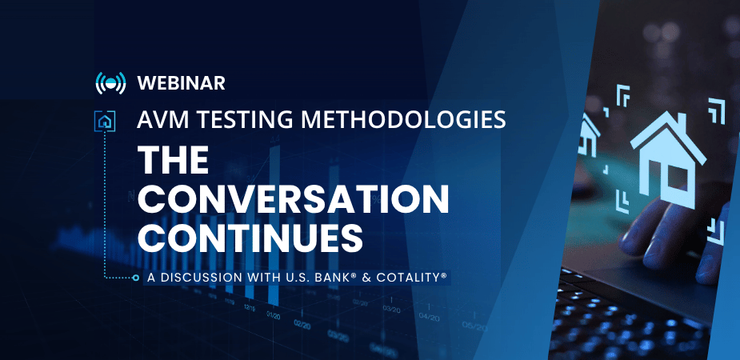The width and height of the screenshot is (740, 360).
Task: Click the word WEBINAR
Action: tap(182, 83)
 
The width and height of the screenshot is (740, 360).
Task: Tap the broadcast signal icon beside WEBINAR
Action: tap(110, 83)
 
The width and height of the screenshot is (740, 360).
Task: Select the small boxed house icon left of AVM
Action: tap(105, 122)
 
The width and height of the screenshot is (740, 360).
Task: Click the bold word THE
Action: tap(174, 160)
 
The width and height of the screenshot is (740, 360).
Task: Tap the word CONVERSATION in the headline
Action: tap(293, 199)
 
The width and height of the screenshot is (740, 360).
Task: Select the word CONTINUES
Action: tap(250, 238)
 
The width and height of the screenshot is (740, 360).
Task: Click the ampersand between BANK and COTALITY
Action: tap(362, 278)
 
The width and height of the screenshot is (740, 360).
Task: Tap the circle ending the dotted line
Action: tap(136, 278)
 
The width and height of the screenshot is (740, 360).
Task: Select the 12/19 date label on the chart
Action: tap(250, 307)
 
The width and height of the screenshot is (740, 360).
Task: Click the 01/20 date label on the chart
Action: tap(274, 314)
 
